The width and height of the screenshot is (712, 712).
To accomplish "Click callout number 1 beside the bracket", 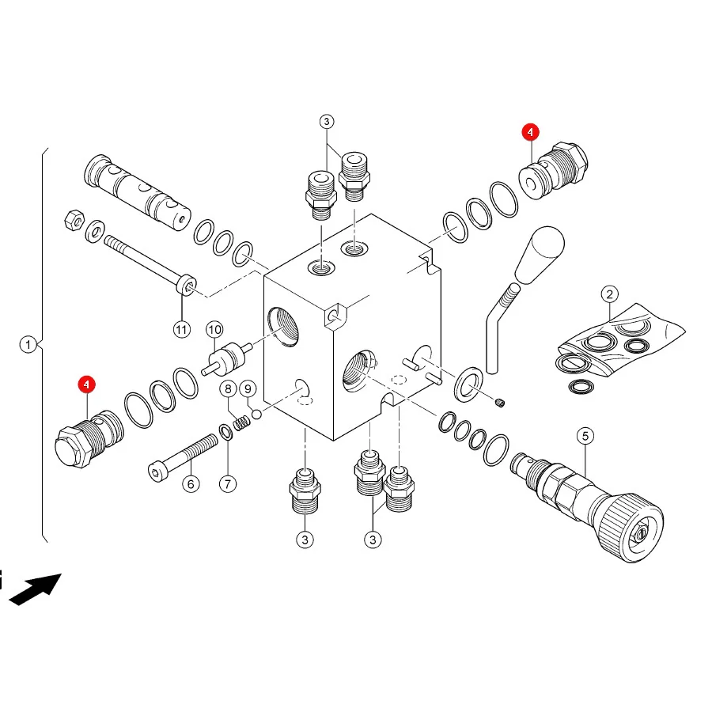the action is (x=28, y=344).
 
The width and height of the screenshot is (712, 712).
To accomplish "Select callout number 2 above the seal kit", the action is (x=610, y=294).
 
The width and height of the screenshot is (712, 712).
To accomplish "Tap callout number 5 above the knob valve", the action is (x=585, y=436).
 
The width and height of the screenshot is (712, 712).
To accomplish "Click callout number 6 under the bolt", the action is (x=191, y=484).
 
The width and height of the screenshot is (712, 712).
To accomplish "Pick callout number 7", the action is (x=228, y=484).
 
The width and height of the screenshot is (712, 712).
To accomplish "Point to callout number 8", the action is (x=228, y=388).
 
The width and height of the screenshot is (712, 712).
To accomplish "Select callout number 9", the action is (x=248, y=388).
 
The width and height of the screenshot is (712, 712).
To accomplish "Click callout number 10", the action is (x=214, y=329).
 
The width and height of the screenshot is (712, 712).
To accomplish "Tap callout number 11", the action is (x=182, y=329).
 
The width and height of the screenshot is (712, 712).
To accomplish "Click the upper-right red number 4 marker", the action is (x=530, y=132).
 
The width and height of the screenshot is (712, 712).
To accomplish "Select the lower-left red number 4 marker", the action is (x=86, y=384).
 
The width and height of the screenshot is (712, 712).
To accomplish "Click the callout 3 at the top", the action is (x=327, y=122).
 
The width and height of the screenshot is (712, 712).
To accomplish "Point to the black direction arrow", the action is (x=36, y=589).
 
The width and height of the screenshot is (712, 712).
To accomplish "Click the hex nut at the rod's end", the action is (x=74, y=221).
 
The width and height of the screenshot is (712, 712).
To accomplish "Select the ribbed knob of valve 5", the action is (x=631, y=527).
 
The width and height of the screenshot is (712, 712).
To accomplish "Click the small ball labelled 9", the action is (x=256, y=414).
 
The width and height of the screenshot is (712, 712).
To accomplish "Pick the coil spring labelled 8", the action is (x=241, y=423).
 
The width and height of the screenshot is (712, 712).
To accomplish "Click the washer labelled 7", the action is (x=225, y=432).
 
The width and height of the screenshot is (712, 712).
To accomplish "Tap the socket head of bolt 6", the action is (x=156, y=472).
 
